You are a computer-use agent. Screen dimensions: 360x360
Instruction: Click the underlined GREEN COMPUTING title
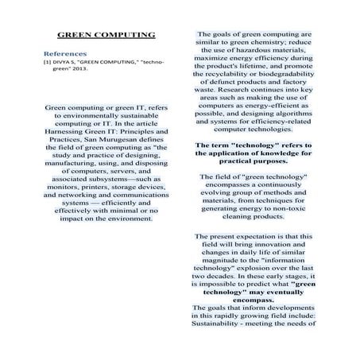coord(106,37)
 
